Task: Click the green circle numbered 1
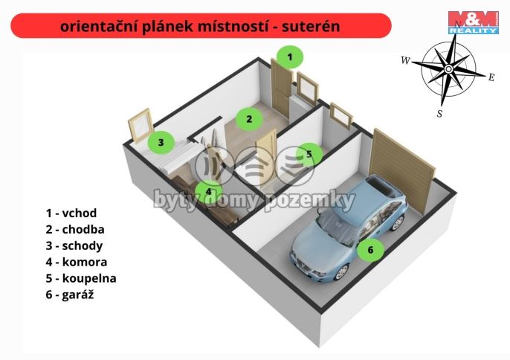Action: click(x=291, y=57)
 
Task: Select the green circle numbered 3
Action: click(x=160, y=141)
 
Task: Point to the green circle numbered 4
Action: click(x=209, y=191)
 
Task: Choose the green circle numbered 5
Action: click(x=309, y=155)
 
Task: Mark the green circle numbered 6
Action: click(x=370, y=250)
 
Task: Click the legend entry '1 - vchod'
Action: click(x=71, y=213)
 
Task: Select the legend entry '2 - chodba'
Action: click(x=74, y=229)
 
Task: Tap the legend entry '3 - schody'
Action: click(x=74, y=245)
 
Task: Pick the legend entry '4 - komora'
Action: click(x=76, y=262)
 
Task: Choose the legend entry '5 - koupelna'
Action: click(x=80, y=278)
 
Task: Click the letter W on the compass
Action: click(x=405, y=60)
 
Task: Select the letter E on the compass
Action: click(x=491, y=76)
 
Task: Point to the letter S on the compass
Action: click(x=439, y=114)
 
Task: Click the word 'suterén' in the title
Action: click(x=310, y=26)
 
